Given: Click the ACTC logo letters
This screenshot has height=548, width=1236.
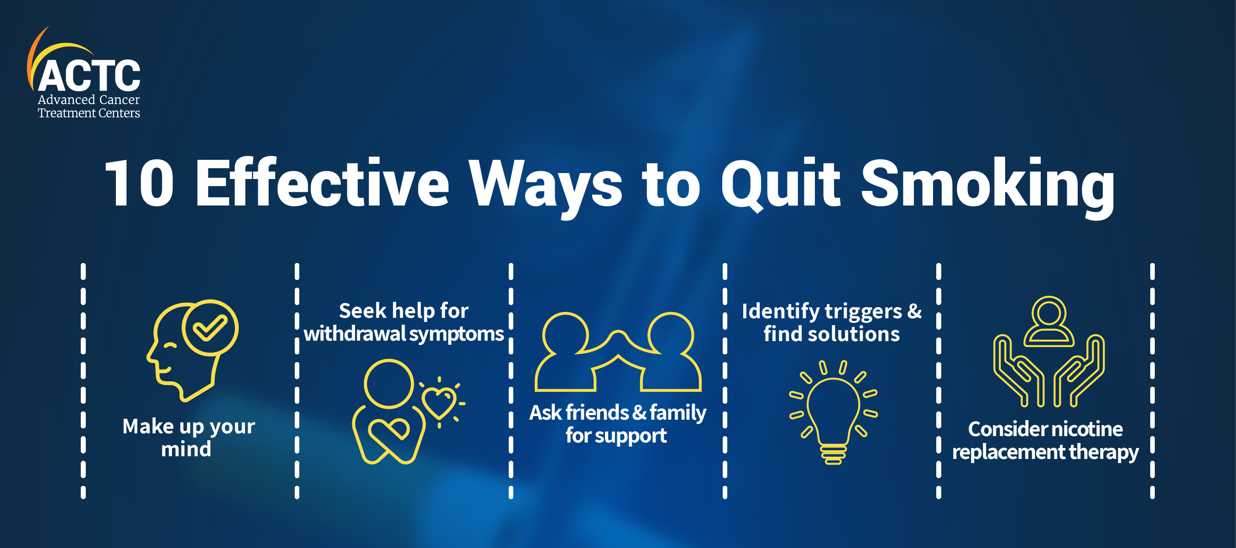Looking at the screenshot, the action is coord(89,75).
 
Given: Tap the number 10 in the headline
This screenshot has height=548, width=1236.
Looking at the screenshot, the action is coord(139,183).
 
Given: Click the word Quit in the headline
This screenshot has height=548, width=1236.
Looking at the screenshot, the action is coord(780,184).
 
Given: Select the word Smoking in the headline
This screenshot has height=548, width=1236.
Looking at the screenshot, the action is coord(987,188).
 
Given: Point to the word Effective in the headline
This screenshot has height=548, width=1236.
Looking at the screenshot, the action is coord(323,182).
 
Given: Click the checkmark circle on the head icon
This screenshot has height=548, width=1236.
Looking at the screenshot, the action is coord(210,327).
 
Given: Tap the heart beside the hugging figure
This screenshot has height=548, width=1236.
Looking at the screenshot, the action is coord(438,402).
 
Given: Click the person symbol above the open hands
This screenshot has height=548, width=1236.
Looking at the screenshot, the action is coord(1049,321).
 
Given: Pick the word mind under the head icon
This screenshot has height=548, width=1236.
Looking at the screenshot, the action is coord(186,449).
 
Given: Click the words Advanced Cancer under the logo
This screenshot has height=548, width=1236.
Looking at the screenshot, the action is coord(89,100).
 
